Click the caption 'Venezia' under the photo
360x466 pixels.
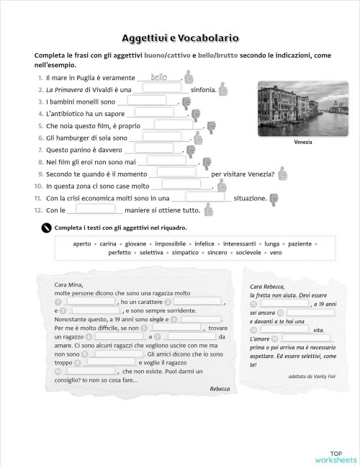click(303, 142)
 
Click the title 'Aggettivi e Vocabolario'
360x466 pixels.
click(180, 38)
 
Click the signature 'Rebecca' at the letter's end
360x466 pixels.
click(220, 388)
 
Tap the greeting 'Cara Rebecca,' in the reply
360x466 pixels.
click(268, 287)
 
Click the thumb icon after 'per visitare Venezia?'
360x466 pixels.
click(282, 173)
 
